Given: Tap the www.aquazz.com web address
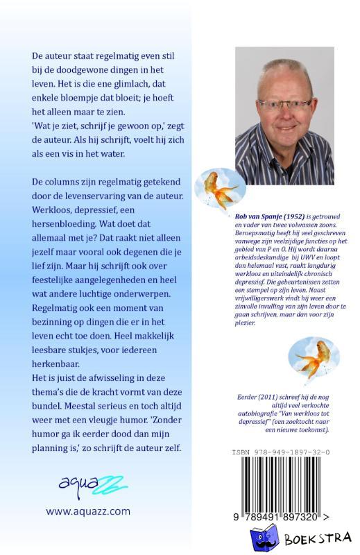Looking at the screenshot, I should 88,511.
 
